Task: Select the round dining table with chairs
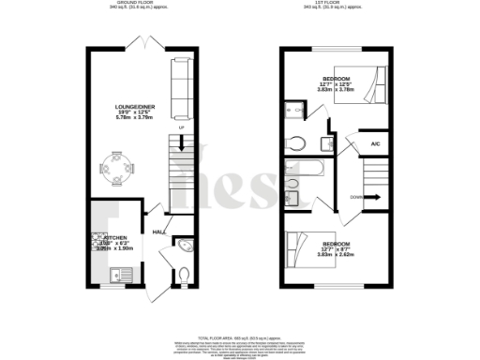coord(118,167)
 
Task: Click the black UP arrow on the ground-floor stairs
coord(180,144)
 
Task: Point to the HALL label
coord(158,232)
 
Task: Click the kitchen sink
coord(119,274)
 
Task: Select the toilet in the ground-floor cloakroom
coord(184,275)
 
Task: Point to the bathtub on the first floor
coord(305,172)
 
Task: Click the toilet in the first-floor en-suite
coord(297,143)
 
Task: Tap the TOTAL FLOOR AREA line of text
coord(240,335)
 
